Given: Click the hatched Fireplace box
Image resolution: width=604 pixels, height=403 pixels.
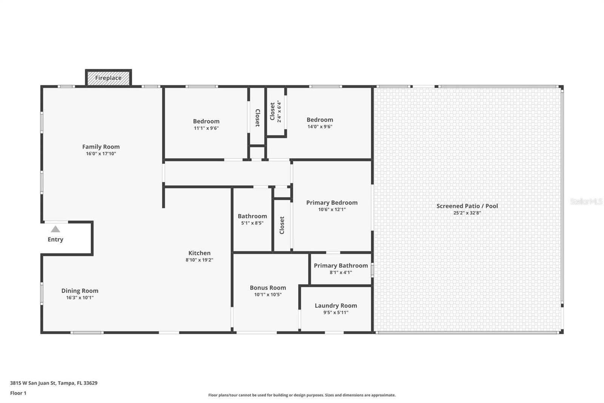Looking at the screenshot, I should (x=108, y=78).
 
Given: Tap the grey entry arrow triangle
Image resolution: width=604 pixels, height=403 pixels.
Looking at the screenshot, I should (x=55, y=229).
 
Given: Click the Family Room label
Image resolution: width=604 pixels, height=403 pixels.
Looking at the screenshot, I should (x=101, y=147).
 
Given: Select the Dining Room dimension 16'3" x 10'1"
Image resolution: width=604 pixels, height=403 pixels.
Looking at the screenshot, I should (x=80, y=298).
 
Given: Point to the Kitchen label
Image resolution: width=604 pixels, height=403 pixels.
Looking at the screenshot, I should (x=199, y=253).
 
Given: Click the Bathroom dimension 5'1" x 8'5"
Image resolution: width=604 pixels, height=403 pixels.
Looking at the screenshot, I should (x=252, y=223).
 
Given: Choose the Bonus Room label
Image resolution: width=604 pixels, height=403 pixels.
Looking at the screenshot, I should (x=268, y=288).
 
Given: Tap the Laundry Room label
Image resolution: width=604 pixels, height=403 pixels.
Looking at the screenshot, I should (x=336, y=305).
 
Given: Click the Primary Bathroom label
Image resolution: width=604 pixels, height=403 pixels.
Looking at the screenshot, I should (x=341, y=265).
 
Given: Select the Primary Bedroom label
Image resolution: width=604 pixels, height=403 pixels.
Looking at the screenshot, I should (x=331, y=203).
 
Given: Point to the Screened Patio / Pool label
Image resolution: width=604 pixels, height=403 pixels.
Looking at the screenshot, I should (x=467, y=206).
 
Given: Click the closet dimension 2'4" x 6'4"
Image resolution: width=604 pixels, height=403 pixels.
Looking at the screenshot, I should (x=279, y=112).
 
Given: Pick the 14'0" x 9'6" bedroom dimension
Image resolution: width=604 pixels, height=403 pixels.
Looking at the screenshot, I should (x=320, y=127).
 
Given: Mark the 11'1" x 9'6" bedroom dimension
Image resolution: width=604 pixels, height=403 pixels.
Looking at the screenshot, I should (x=206, y=128).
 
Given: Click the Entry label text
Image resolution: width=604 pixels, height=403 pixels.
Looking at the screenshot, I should (x=55, y=239).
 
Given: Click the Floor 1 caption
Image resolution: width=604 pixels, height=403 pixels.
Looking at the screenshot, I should (x=18, y=393).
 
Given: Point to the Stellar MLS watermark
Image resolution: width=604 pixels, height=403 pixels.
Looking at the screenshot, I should (x=586, y=201).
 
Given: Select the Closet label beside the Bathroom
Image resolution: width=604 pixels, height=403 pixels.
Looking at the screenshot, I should (x=282, y=225).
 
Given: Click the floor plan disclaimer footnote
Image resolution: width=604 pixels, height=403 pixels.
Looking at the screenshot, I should (x=302, y=395).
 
